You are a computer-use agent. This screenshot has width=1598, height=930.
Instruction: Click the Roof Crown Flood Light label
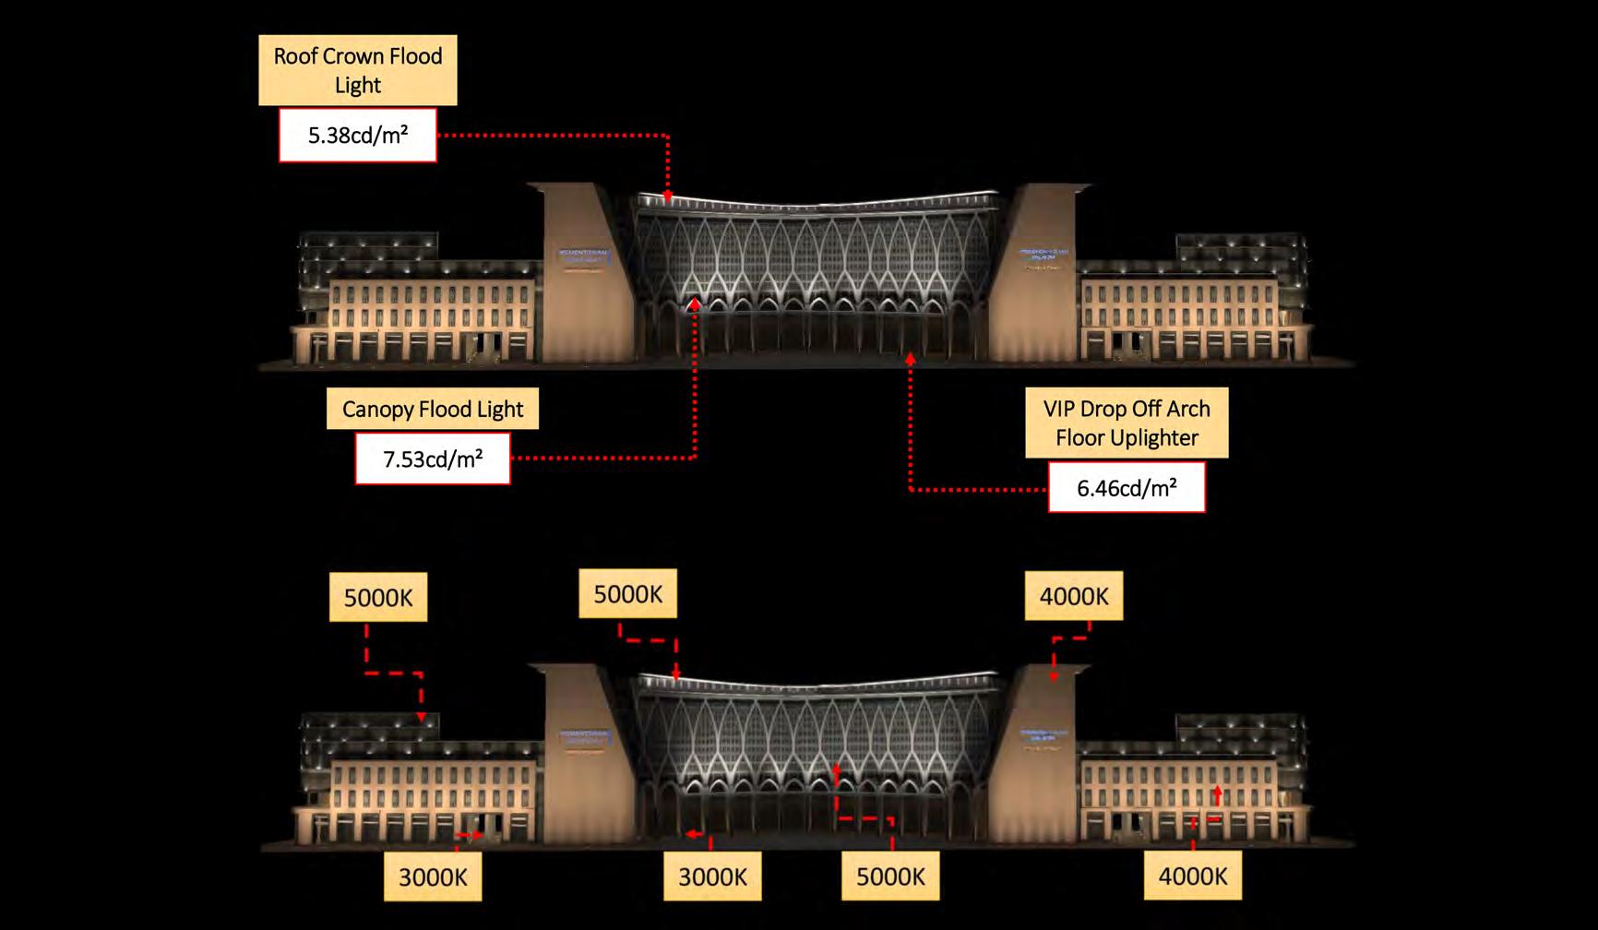click(357, 70)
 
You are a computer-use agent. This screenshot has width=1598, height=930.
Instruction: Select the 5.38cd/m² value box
click(357, 136)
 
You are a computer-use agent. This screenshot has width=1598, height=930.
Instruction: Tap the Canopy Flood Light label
click(432, 409)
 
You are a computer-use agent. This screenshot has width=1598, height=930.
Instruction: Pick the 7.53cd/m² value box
click(432, 459)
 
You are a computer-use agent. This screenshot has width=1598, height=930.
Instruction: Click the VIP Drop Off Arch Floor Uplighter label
click(1126, 423)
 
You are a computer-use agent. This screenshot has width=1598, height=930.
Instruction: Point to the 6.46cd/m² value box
click(1126, 487)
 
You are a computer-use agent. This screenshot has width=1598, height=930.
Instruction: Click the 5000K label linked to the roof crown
click(627, 594)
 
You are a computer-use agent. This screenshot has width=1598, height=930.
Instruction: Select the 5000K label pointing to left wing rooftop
click(377, 598)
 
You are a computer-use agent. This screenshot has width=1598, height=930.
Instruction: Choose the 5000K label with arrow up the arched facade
click(889, 876)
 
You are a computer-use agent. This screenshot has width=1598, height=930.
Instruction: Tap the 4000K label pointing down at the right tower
click(1073, 596)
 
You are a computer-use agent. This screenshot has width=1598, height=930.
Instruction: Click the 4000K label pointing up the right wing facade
click(1192, 876)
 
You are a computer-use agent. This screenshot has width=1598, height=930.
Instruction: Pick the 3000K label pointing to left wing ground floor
click(432, 876)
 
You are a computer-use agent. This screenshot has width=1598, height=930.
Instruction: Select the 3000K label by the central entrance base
click(711, 876)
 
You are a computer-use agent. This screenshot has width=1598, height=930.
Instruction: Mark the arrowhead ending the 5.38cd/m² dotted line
click(668, 197)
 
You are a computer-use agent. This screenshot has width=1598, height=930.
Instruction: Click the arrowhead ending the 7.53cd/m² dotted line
click(695, 303)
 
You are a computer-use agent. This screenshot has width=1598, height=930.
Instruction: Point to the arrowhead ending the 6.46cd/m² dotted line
click(911, 357)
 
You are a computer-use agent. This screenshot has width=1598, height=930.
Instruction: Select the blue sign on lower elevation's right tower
click(1043, 735)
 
